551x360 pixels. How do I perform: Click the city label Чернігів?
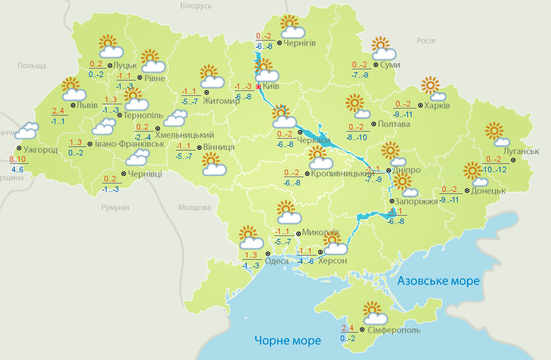(x=301, y=43)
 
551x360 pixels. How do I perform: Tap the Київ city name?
(x=271, y=87)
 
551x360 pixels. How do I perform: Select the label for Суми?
(x=390, y=64)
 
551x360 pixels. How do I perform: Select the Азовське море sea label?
(x=438, y=281)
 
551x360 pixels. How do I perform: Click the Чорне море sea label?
(x=287, y=340)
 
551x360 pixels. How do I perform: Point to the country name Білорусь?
(x=195, y=6)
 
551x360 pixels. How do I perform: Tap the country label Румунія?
(x=115, y=208)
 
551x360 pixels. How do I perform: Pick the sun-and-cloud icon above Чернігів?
(x=291, y=27)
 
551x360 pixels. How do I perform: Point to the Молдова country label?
(x=194, y=208)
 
